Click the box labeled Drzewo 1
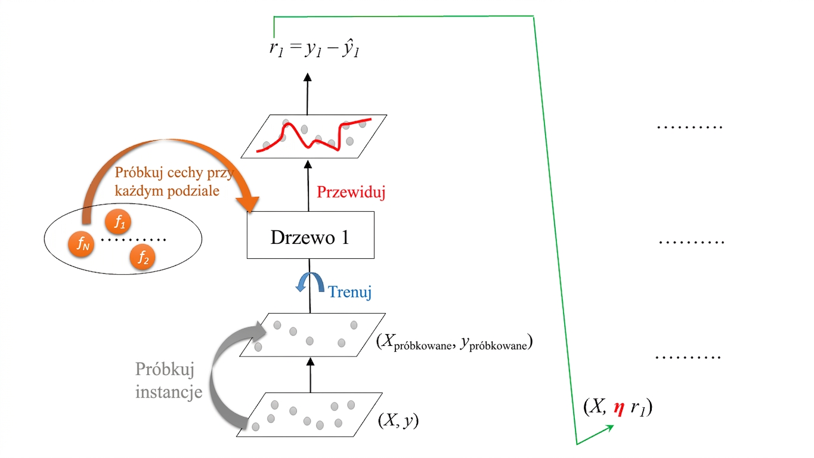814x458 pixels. (x=310, y=235)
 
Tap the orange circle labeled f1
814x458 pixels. (x=117, y=222)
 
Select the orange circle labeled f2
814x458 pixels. (x=143, y=258)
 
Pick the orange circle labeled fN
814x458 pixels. (x=81, y=244)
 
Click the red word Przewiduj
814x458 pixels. (x=351, y=192)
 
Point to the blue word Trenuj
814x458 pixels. (x=349, y=292)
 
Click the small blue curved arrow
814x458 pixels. (x=309, y=281)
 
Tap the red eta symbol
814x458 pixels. (x=619, y=409)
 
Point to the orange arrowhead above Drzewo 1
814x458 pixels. (x=248, y=204)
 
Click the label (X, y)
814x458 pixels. (x=398, y=420)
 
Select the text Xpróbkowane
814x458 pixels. (x=418, y=342)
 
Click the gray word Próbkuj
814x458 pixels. (x=165, y=370)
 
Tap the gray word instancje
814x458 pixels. (x=169, y=392)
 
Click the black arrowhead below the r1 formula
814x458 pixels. (x=308, y=77)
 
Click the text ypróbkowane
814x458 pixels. (x=494, y=343)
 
